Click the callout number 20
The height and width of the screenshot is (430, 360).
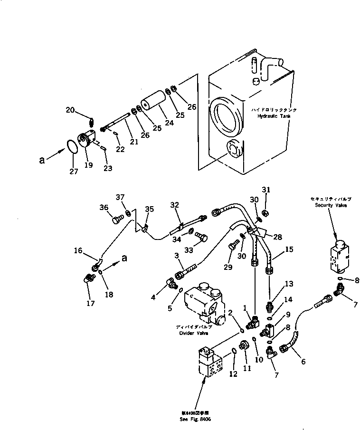pos(70,110)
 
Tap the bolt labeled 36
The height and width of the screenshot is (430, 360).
pos(117,219)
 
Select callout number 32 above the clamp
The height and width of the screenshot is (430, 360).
pos(174,205)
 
